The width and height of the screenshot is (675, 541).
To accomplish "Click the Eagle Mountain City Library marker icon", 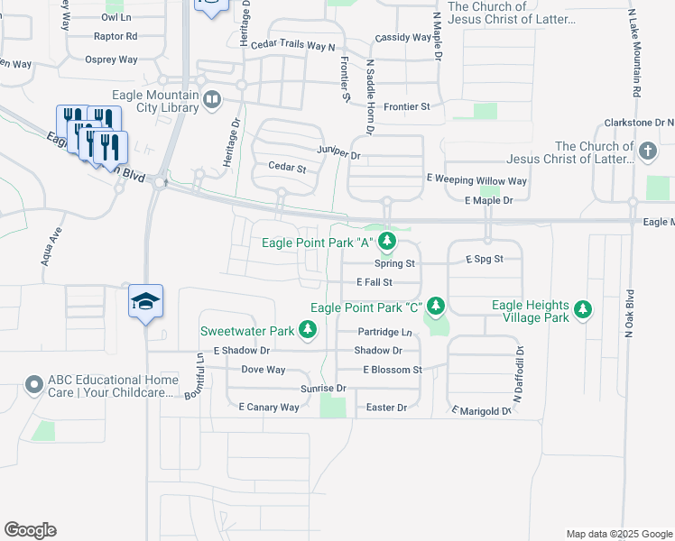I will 212,99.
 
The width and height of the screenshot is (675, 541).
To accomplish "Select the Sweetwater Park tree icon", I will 308,330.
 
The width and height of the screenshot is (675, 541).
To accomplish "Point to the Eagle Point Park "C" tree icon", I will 436,307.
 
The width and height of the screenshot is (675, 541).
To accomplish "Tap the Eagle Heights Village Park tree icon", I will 584,311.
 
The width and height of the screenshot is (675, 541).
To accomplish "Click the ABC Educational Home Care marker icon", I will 35,385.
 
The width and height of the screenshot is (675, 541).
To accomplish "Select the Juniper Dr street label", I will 338,154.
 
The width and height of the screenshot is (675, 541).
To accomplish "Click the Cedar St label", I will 288,168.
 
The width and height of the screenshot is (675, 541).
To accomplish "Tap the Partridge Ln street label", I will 384,332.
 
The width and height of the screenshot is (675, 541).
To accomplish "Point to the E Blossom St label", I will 393,370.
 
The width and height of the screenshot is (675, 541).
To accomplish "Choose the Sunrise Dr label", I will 323,388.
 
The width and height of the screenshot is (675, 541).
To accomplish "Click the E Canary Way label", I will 269,408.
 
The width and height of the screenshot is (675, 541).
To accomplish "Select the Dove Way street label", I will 263,370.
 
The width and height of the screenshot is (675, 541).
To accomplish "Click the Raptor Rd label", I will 116,37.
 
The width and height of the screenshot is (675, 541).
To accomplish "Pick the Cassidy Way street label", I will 403,38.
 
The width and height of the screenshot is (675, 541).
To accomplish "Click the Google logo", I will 30,530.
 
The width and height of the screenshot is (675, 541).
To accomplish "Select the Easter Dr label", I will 387,408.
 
